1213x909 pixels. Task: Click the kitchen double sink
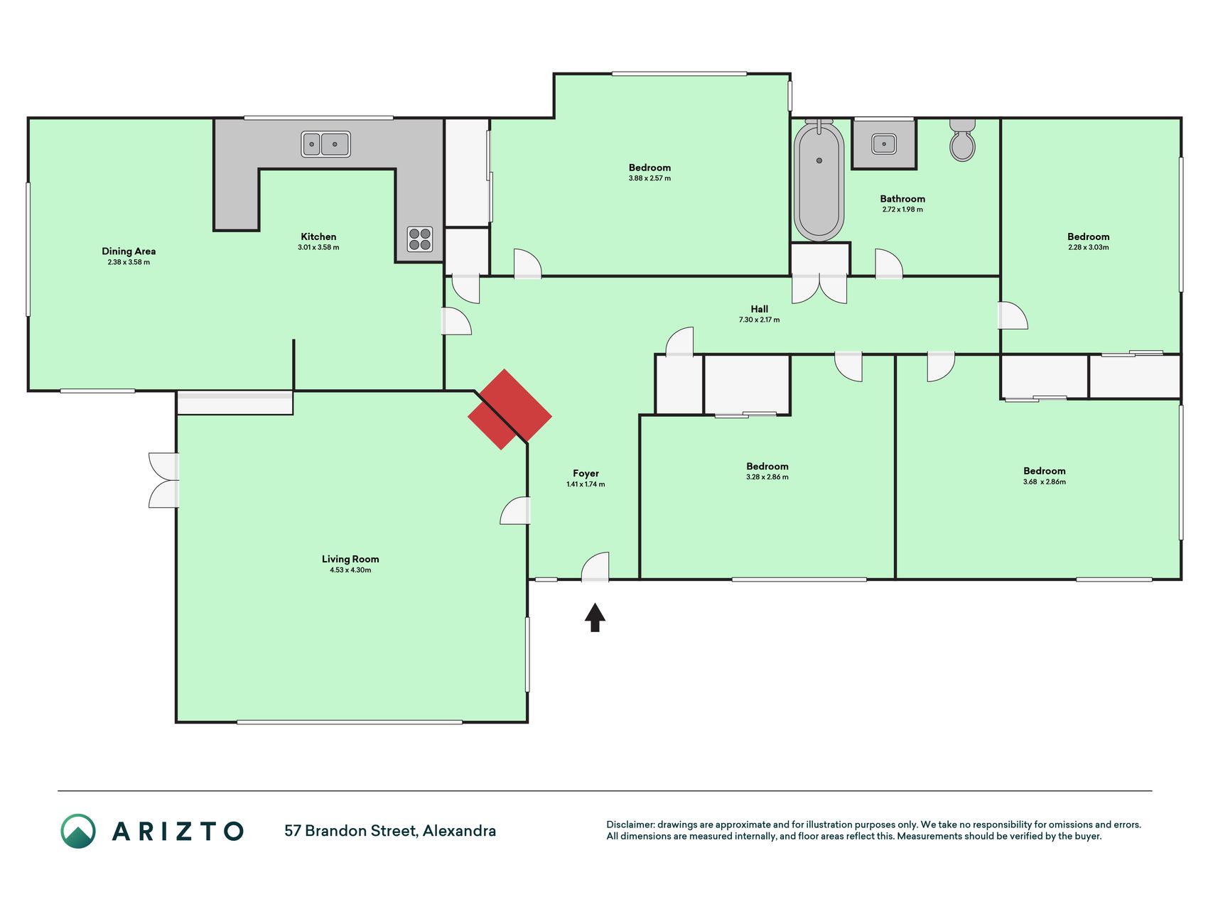click(325, 144)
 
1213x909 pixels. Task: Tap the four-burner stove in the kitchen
click(420, 239)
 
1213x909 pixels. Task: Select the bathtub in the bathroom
click(819, 180)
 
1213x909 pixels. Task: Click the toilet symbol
click(962, 140)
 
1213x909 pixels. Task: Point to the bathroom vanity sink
click(884, 144)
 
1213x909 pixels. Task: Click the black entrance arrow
click(595, 617)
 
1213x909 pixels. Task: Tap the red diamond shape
click(510, 409)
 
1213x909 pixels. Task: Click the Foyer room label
click(586, 474)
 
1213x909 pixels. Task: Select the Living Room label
click(350, 559)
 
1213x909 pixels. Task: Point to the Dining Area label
click(129, 251)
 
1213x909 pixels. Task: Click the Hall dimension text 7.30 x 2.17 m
click(759, 320)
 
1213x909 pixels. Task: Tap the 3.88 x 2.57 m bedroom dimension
click(649, 178)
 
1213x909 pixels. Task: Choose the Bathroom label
click(902, 199)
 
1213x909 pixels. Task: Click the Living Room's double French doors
click(164, 480)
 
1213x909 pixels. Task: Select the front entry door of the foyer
click(595, 567)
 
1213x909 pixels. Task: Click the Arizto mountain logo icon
click(78, 831)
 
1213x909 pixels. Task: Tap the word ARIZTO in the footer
click(178, 831)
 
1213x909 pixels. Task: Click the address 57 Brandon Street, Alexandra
click(390, 831)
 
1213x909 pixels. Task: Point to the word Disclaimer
click(630, 824)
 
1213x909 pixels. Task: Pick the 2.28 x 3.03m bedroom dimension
click(1088, 247)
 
